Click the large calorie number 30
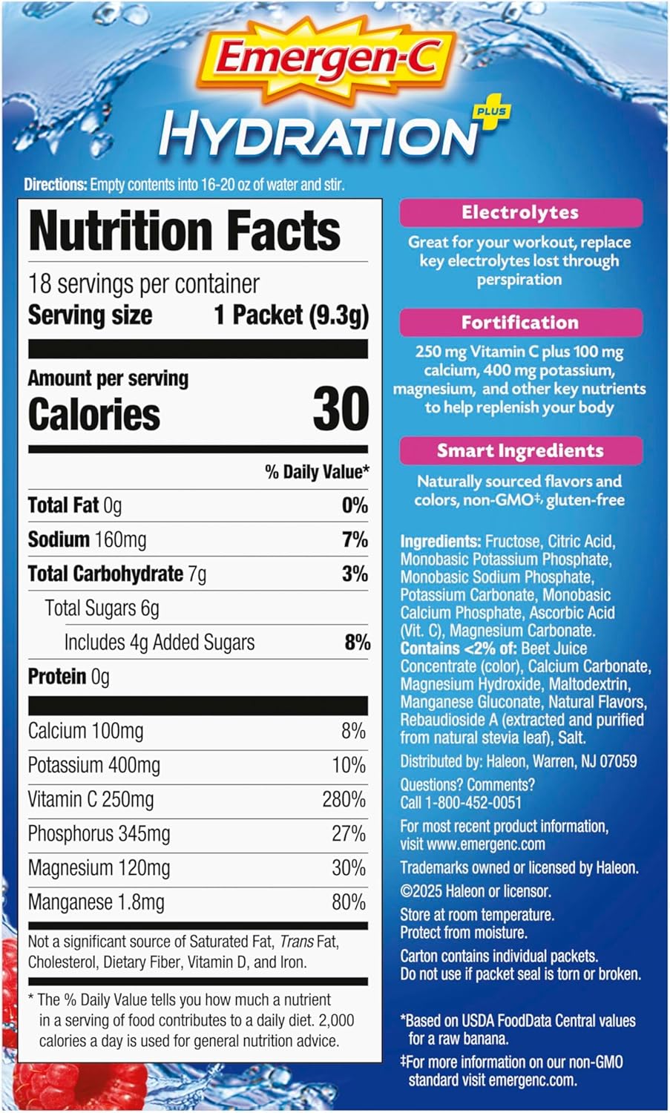coord(341,409)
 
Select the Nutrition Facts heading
coord(185,231)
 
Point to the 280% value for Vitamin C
coord(344,800)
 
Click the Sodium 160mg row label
coord(87,539)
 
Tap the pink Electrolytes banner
coord(520,213)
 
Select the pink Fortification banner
coord(520,323)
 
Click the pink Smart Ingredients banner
coord(520,450)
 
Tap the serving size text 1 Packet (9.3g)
coord(291,315)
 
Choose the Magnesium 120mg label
coord(99,868)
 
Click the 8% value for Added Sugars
coord(357,643)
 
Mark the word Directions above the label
coord(56,185)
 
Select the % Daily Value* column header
coord(317,472)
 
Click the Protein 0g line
coord(68,677)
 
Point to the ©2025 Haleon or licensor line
coord(476,891)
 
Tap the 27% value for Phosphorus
coord(348,834)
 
